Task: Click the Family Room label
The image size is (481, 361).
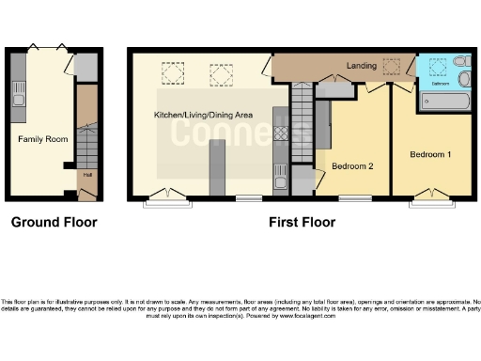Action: (x=43, y=138)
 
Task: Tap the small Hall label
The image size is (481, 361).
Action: (x=87, y=174)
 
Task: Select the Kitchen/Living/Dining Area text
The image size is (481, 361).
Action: (x=204, y=115)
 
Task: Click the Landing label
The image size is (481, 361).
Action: (x=362, y=66)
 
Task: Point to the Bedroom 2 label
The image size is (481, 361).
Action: (x=352, y=166)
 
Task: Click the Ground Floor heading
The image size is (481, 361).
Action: (x=54, y=223)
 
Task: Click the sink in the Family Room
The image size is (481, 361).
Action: (x=17, y=94)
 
